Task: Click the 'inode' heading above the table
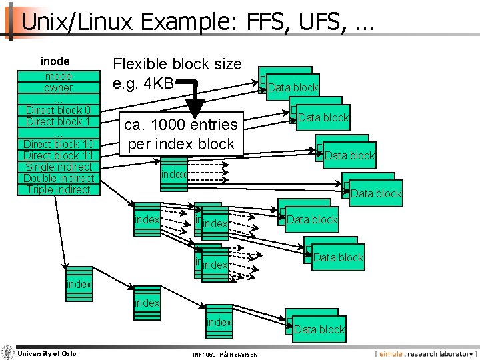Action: click(x=55, y=61)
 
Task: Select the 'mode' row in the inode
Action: click(x=59, y=76)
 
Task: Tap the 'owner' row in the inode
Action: click(x=59, y=87)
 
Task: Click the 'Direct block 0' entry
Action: click(x=59, y=110)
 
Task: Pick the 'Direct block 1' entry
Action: click(x=59, y=121)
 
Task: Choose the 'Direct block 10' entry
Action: click(x=59, y=144)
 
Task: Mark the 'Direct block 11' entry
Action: click(x=59, y=155)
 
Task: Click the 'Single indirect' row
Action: click(x=59, y=167)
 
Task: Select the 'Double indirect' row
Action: click(x=59, y=178)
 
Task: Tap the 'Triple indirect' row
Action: click(x=59, y=189)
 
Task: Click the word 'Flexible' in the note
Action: click(x=139, y=65)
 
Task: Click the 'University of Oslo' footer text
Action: click(x=47, y=353)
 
